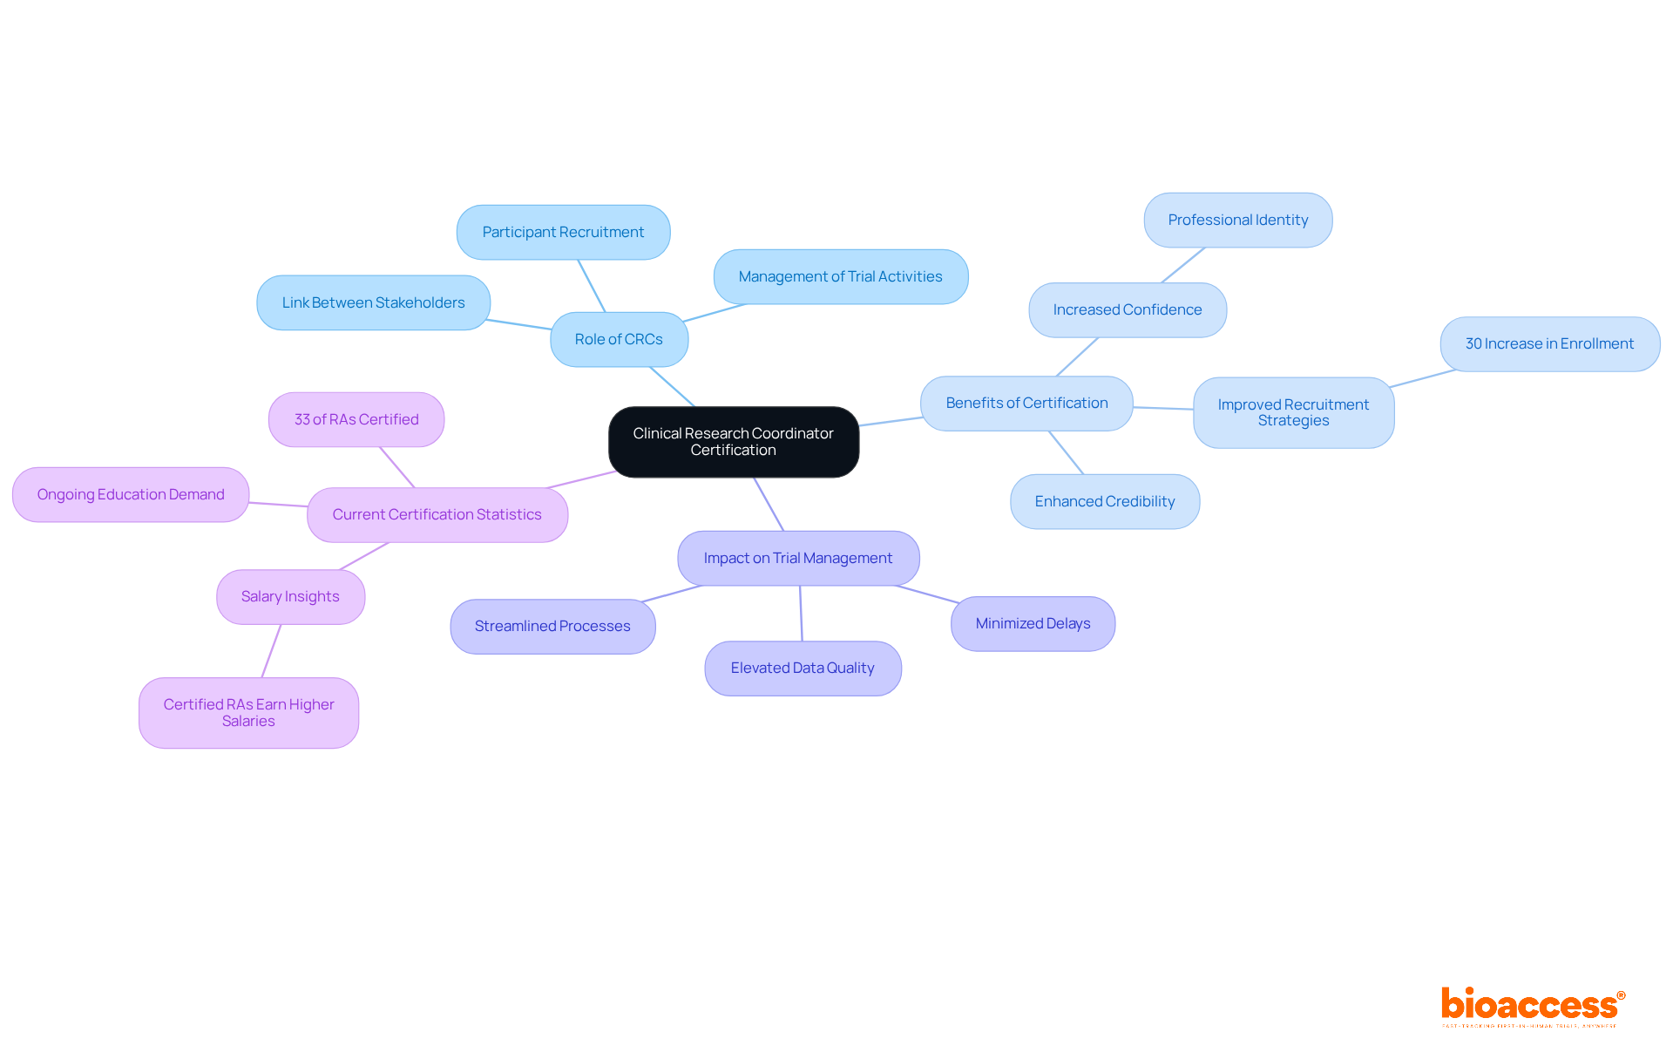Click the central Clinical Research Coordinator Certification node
[733, 442]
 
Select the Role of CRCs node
[619, 339]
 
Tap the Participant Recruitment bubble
[563, 232]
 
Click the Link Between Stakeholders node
[373, 302]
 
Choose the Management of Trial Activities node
[840, 276]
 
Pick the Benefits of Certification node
[1026, 403]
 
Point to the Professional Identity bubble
[1237, 220]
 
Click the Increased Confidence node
[1127, 309]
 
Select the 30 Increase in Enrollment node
[1549, 343]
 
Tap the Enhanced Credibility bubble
[1104, 501]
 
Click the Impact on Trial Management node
[797, 558]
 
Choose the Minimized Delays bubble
[1033, 623]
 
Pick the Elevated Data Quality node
[802, 668]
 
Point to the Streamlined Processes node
[552, 626]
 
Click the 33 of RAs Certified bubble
[356, 419]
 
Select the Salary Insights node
[290, 596]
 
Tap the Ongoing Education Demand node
[131, 494]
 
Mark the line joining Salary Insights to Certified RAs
[271, 651]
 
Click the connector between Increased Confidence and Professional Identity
[1183, 265]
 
